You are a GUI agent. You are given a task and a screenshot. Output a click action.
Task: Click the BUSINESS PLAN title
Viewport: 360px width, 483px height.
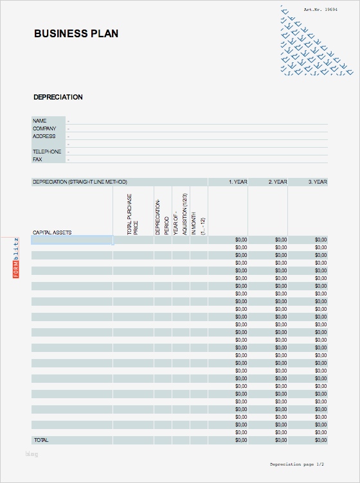tap(76, 33)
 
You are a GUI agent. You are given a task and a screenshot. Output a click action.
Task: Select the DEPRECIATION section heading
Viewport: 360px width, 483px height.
tap(58, 97)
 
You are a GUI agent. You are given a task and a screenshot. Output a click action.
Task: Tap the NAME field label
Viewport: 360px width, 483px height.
tap(40, 121)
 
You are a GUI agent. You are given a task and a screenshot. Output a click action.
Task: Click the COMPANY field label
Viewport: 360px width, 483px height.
tap(44, 128)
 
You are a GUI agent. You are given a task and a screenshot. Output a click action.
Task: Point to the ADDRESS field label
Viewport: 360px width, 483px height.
tap(44, 136)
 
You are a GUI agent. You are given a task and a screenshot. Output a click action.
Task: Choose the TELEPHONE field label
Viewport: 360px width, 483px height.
tap(47, 152)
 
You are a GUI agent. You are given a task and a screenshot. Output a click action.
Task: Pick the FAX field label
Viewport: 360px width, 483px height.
tap(37, 159)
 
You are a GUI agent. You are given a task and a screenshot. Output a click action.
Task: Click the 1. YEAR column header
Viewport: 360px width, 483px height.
tap(238, 182)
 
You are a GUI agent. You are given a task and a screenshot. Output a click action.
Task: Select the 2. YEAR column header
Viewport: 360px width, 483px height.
tap(278, 182)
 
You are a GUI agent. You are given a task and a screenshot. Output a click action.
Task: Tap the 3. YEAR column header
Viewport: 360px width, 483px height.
tap(318, 182)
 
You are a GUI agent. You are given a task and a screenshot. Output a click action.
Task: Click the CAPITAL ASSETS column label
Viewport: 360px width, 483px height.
tap(52, 232)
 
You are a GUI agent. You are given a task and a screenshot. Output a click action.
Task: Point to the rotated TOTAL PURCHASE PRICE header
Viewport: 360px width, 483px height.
tap(132, 215)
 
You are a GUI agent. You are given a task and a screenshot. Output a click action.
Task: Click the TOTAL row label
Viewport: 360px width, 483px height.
tap(40, 440)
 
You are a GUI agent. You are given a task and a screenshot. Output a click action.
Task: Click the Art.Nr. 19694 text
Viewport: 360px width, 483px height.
tap(321, 10)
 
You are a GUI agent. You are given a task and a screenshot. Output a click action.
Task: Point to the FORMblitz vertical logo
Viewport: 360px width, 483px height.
tap(16, 258)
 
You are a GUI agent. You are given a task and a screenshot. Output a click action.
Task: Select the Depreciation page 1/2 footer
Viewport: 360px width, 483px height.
tap(297, 464)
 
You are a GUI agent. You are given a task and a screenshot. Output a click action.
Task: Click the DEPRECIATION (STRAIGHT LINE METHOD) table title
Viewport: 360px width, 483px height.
tap(80, 182)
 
